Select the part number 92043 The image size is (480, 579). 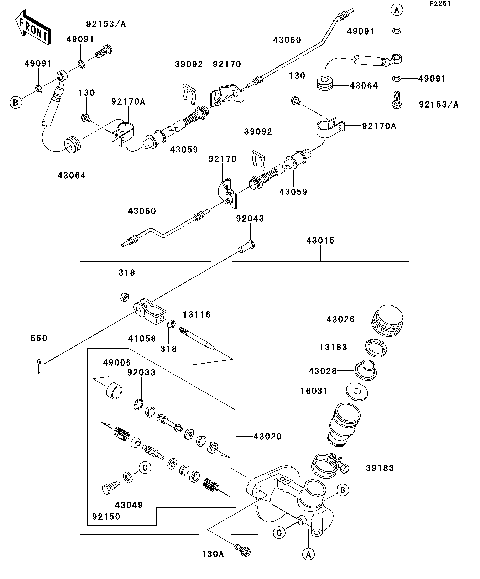[x=250, y=219]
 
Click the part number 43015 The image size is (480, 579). [x=320, y=240]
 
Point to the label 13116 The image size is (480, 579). [x=197, y=314]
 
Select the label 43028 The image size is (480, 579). [x=336, y=371]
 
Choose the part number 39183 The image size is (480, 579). [x=379, y=468]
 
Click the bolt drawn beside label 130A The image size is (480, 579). [x=241, y=545]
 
